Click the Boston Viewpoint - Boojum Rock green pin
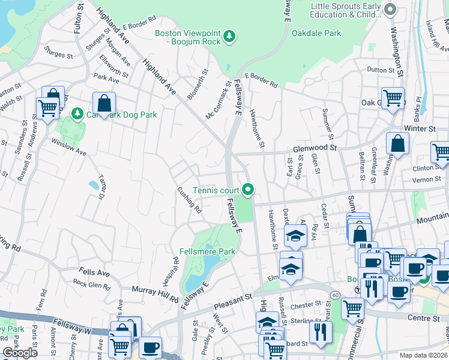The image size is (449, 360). [x=229, y=37]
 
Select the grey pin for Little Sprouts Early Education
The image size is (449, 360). [x=391, y=8]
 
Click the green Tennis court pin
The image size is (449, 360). [x=248, y=190]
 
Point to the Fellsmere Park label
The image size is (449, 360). [x=207, y=251]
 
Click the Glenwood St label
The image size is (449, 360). [x=315, y=147]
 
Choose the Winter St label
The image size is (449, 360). [x=419, y=128]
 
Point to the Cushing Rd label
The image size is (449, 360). [x=189, y=200]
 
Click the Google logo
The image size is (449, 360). [x=20, y=353]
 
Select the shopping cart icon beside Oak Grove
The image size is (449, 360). [x=393, y=97]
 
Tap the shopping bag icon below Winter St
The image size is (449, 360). [x=397, y=143]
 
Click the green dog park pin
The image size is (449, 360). [x=77, y=113]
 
